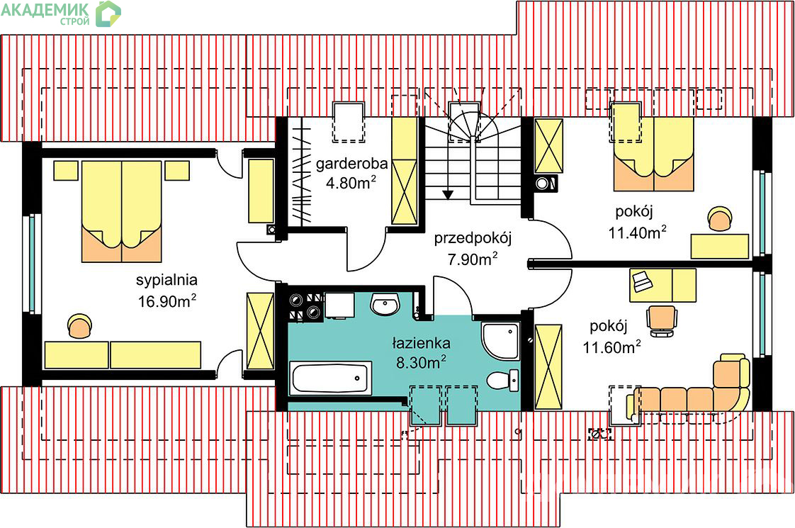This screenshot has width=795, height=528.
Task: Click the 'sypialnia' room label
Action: (167, 279)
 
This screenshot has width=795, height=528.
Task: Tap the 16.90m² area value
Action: (167, 300)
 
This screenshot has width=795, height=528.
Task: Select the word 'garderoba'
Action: (351, 164)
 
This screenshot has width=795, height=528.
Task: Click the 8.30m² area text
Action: (421, 364)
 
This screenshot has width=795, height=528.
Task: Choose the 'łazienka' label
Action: (422, 344)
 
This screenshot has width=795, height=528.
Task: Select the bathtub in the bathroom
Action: (330, 378)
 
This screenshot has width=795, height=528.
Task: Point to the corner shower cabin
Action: (500, 339)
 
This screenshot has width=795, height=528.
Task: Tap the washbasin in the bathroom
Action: (385, 305)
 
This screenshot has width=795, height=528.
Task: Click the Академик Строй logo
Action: (60, 13)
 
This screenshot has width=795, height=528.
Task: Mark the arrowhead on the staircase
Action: (447, 192)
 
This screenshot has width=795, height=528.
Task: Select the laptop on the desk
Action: (642, 281)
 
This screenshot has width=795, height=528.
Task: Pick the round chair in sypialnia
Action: (79, 327)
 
